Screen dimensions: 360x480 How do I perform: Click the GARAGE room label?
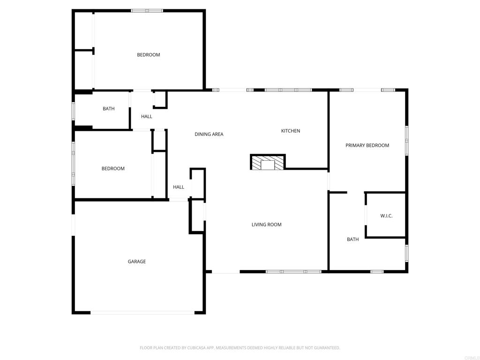coord(137,262)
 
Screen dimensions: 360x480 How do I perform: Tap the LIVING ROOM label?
coord(266,225)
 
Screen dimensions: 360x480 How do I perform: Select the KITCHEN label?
coord(291,131)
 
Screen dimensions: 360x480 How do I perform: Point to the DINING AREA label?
coord(209,134)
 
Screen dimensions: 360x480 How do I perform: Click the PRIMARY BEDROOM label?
coord(367,145)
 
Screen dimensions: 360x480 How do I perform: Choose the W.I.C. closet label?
coord(386,216)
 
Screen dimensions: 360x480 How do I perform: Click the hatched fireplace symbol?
coord(268,163)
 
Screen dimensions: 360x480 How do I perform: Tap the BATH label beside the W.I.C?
coord(352,239)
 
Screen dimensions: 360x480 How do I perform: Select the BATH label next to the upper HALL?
coord(108,109)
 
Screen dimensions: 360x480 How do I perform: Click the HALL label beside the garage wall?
coord(179,187)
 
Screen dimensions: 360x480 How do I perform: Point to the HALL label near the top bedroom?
coord(147,116)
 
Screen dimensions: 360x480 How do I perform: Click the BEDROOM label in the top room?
coord(149,55)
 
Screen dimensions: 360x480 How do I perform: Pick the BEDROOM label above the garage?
coord(113,169)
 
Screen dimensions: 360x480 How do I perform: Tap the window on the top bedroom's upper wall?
coord(147,10)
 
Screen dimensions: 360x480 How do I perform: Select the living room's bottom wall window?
coord(293,271)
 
